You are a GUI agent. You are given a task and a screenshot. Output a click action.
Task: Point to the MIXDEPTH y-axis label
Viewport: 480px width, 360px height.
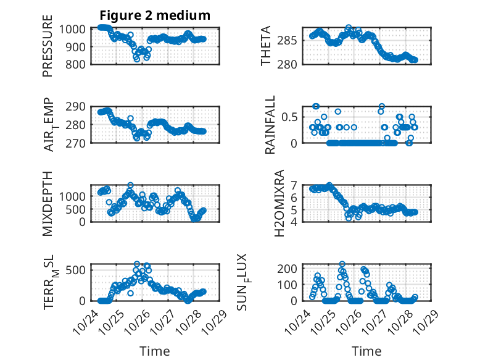48,203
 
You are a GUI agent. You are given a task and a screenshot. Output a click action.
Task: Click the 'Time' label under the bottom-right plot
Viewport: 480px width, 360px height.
366,351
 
